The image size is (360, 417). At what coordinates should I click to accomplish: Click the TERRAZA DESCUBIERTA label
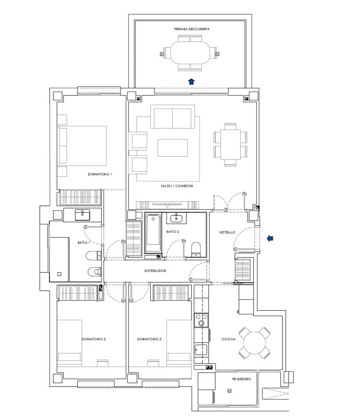[x=191, y=29]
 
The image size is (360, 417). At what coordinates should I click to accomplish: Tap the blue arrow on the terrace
[x=191, y=81]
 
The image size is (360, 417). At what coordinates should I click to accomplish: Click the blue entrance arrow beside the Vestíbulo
[x=270, y=238]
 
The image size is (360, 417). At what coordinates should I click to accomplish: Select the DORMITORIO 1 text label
[x=100, y=174]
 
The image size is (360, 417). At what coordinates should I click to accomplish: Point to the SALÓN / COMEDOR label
[x=177, y=186]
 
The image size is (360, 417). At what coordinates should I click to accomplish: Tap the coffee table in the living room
[x=172, y=148]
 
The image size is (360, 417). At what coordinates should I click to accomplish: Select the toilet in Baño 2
[x=196, y=249]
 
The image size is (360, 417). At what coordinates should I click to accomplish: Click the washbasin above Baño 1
[x=82, y=215]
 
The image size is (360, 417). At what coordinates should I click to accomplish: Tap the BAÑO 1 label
[x=84, y=242]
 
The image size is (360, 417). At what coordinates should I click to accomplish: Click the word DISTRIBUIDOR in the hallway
[x=155, y=271]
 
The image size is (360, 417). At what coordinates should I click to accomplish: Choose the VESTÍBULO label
[x=226, y=232]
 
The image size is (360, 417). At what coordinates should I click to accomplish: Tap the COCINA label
[x=228, y=339]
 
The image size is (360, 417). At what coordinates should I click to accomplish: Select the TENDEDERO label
[x=241, y=379]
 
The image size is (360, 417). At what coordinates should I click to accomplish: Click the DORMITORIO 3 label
[x=149, y=339]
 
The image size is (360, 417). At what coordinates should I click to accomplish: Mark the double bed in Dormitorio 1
[x=82, y=146]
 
